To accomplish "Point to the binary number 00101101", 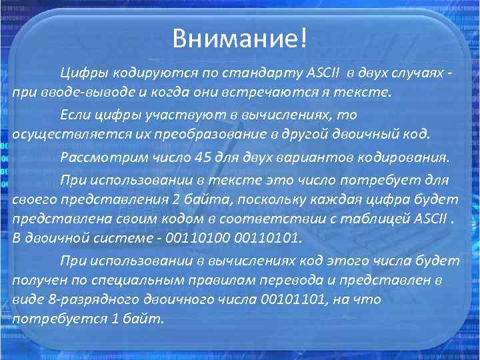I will coord(279,299).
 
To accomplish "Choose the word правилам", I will coord(209,279).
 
